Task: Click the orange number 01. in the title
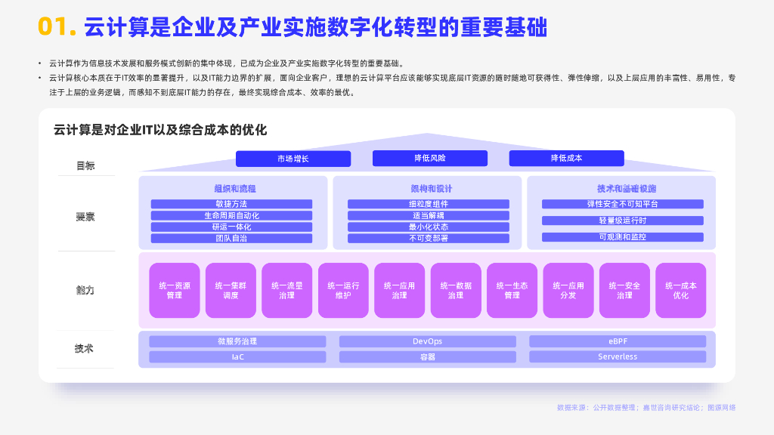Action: [x=57, y=27]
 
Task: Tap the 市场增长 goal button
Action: [x=293, y=159]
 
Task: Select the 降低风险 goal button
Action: [x=429, y=158]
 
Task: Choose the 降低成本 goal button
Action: [x=566, y=158]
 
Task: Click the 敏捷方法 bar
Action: [x=231, y=204]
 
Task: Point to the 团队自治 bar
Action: [x=231, y=238]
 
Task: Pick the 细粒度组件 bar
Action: [x=428, y=204]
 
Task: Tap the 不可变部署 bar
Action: [x=428, y=238]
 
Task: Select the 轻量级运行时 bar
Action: [x=622, y=221]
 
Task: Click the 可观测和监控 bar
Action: [x=622, y=237]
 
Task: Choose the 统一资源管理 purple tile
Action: [x=175, y=290]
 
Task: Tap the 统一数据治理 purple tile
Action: [x=456, y=290]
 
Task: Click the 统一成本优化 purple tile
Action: [x=680, y=290]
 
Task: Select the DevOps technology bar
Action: [x=427, y=341]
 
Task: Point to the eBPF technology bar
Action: [x=618, y=341]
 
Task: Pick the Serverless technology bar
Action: [x=618, y=356]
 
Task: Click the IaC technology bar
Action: [x=237, y=356]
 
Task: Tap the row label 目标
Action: [x=85, y=165]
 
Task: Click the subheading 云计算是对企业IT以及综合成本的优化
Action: [x=160, y=130]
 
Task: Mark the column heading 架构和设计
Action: [x=427, y=188]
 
